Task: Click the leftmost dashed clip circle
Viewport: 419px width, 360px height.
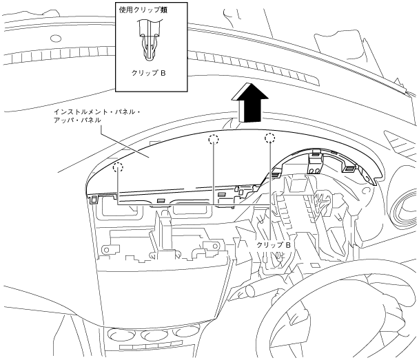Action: tap(118, 167)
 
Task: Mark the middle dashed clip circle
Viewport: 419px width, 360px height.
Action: tap(214, 140)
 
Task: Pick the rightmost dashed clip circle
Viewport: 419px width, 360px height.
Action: tap(269, 138)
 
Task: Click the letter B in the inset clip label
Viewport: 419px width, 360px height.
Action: tap(163, 72)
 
